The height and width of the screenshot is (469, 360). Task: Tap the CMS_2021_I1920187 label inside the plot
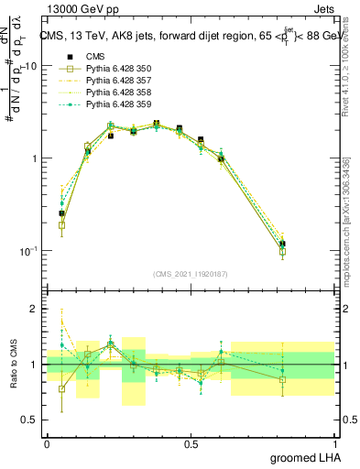point(191,274)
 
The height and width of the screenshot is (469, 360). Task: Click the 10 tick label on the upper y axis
point(30,67)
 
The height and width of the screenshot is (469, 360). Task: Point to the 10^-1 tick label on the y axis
point(27,251)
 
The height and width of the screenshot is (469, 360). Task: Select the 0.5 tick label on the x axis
point(191,443)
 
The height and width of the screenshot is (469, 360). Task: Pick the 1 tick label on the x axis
point(335,443)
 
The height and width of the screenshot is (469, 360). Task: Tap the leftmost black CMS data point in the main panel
point(61,213)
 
